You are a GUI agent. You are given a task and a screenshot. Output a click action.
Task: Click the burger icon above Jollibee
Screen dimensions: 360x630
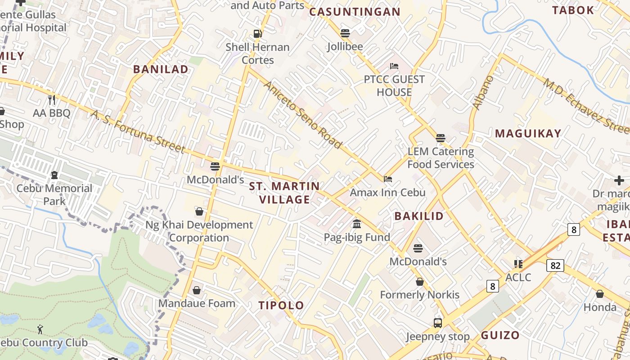click(345, 33)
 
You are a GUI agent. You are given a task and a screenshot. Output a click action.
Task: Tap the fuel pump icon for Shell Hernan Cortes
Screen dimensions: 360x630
click(257, 33)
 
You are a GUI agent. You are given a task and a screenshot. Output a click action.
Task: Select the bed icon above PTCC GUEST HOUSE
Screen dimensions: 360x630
click(394, 66)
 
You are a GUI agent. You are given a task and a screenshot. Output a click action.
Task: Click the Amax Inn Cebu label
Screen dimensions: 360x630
click(387, 193)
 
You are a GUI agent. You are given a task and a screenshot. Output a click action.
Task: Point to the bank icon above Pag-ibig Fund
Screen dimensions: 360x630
click(357, 224)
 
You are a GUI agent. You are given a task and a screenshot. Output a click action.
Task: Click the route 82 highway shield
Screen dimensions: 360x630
click(555, 265)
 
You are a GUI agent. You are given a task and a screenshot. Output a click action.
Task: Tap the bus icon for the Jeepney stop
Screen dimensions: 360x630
click(437, 323)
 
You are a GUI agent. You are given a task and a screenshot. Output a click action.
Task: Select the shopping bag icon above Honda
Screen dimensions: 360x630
click(599, 294)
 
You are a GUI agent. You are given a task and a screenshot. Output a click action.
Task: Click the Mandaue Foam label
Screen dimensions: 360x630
click(197, 303)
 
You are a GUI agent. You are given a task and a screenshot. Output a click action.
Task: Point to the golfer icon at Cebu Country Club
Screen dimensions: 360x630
click(40, 329)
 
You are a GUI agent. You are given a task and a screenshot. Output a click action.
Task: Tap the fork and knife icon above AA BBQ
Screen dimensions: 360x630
click(52, 99)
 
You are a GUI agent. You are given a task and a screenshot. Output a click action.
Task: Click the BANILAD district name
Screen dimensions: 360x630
click(161, 69)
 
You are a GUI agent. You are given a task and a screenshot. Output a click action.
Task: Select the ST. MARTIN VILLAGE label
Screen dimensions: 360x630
click(284, 193)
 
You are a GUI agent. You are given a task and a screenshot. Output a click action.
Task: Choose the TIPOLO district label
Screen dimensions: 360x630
click(281, 306)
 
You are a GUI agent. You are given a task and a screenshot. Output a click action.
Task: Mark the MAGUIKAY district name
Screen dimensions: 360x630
click(528, 133)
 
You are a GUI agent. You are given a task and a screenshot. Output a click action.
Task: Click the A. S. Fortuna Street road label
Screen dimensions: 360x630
click(138, 131)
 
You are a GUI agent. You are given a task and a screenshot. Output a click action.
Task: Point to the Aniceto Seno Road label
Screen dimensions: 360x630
click(303, 115)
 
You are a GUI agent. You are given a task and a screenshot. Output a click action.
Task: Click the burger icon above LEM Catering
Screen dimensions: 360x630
click(440, 138)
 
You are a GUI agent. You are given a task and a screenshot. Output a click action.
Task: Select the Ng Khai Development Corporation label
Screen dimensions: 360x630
click(199, 231)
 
